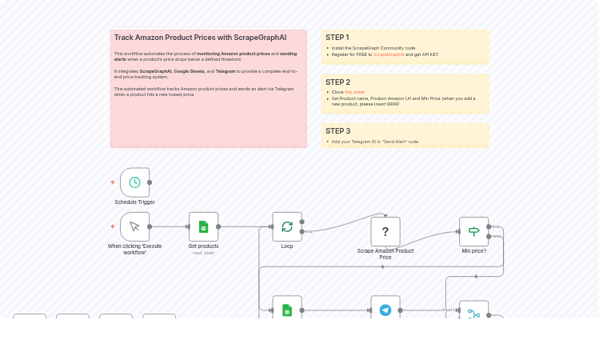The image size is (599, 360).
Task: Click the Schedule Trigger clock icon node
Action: [x=134, y=182]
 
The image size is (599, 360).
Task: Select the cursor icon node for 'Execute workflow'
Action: [x=134, y=226]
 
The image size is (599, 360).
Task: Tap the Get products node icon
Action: [x=203, y=226]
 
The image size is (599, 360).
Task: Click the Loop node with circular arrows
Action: [x=287, y=226]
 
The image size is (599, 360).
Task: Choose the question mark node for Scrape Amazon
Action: [x=385, y=232]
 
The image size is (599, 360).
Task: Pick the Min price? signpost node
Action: [x=473, y=231]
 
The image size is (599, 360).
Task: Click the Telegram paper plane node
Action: [x=385, y=310]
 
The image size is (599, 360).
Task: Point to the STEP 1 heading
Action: [x=337, y=38]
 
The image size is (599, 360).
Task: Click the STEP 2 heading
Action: [x=337, y=82]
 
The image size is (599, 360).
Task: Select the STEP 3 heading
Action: [x=337, y=131]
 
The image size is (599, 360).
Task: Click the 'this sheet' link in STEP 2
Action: [x=354, y=92]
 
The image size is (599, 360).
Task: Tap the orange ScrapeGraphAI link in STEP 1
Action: [x=389, y=54]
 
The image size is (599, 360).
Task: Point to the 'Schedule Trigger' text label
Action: [x=134, y=202]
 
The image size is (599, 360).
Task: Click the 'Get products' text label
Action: [x=203, y=246]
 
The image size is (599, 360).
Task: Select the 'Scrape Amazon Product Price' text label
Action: [x=385, y=254]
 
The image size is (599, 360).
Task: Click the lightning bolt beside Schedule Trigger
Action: [x=113, y=182]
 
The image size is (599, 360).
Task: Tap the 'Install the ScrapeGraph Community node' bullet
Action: [x=373, y=48]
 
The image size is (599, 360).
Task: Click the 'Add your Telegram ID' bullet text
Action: [x=374, y=142]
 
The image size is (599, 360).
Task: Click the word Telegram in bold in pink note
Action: [x=226, y=71]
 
